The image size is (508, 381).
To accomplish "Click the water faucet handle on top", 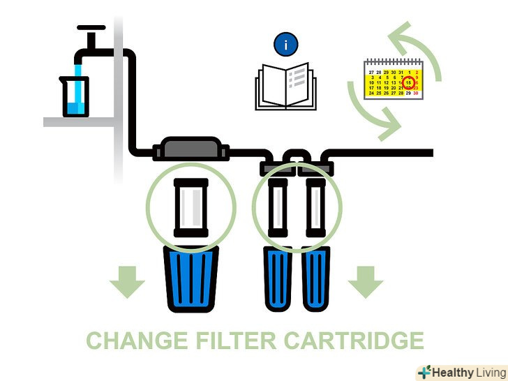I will [91, 29].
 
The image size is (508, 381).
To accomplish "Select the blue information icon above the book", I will [285, 45].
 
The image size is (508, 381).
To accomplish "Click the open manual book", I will [285, 87].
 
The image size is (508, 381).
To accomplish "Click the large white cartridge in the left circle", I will [190, 208].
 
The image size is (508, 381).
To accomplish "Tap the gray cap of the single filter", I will [191, 149].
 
